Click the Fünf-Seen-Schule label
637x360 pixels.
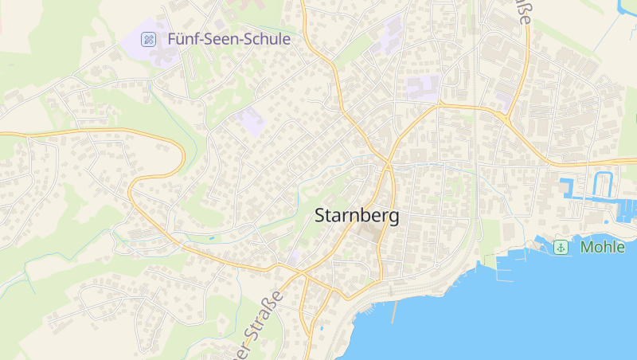(229, 38)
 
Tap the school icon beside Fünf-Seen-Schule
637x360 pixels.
(149, 38)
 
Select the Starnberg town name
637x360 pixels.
(357, 215)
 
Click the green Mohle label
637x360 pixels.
(603, 247)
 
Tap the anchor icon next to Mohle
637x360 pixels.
(561, 247)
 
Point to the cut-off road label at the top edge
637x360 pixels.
(522, 14)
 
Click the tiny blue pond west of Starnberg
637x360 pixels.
(212, 237)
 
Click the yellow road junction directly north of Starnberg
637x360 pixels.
(387, 165)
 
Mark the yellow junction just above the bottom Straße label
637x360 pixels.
(303, 276)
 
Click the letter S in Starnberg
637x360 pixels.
(321, 215)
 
